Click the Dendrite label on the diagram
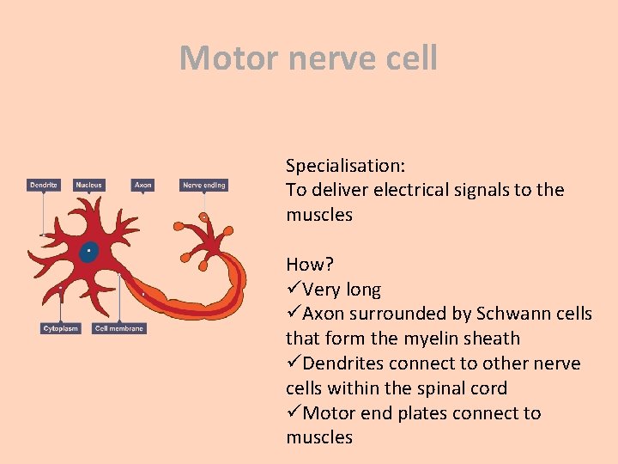click(x=44, y=185)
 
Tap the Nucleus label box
click(x=88, y=185)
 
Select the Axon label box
click(x=143, y=185)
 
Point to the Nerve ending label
click(x=204, y=185)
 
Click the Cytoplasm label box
click(x=60, y=328)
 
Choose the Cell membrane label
click(x=119, y=328)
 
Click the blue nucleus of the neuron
click(x=88, y=252)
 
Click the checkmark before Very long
click(x=294, y=290)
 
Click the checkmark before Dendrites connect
click(x=294, y=363)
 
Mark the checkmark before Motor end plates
click(x=294, y=413)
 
